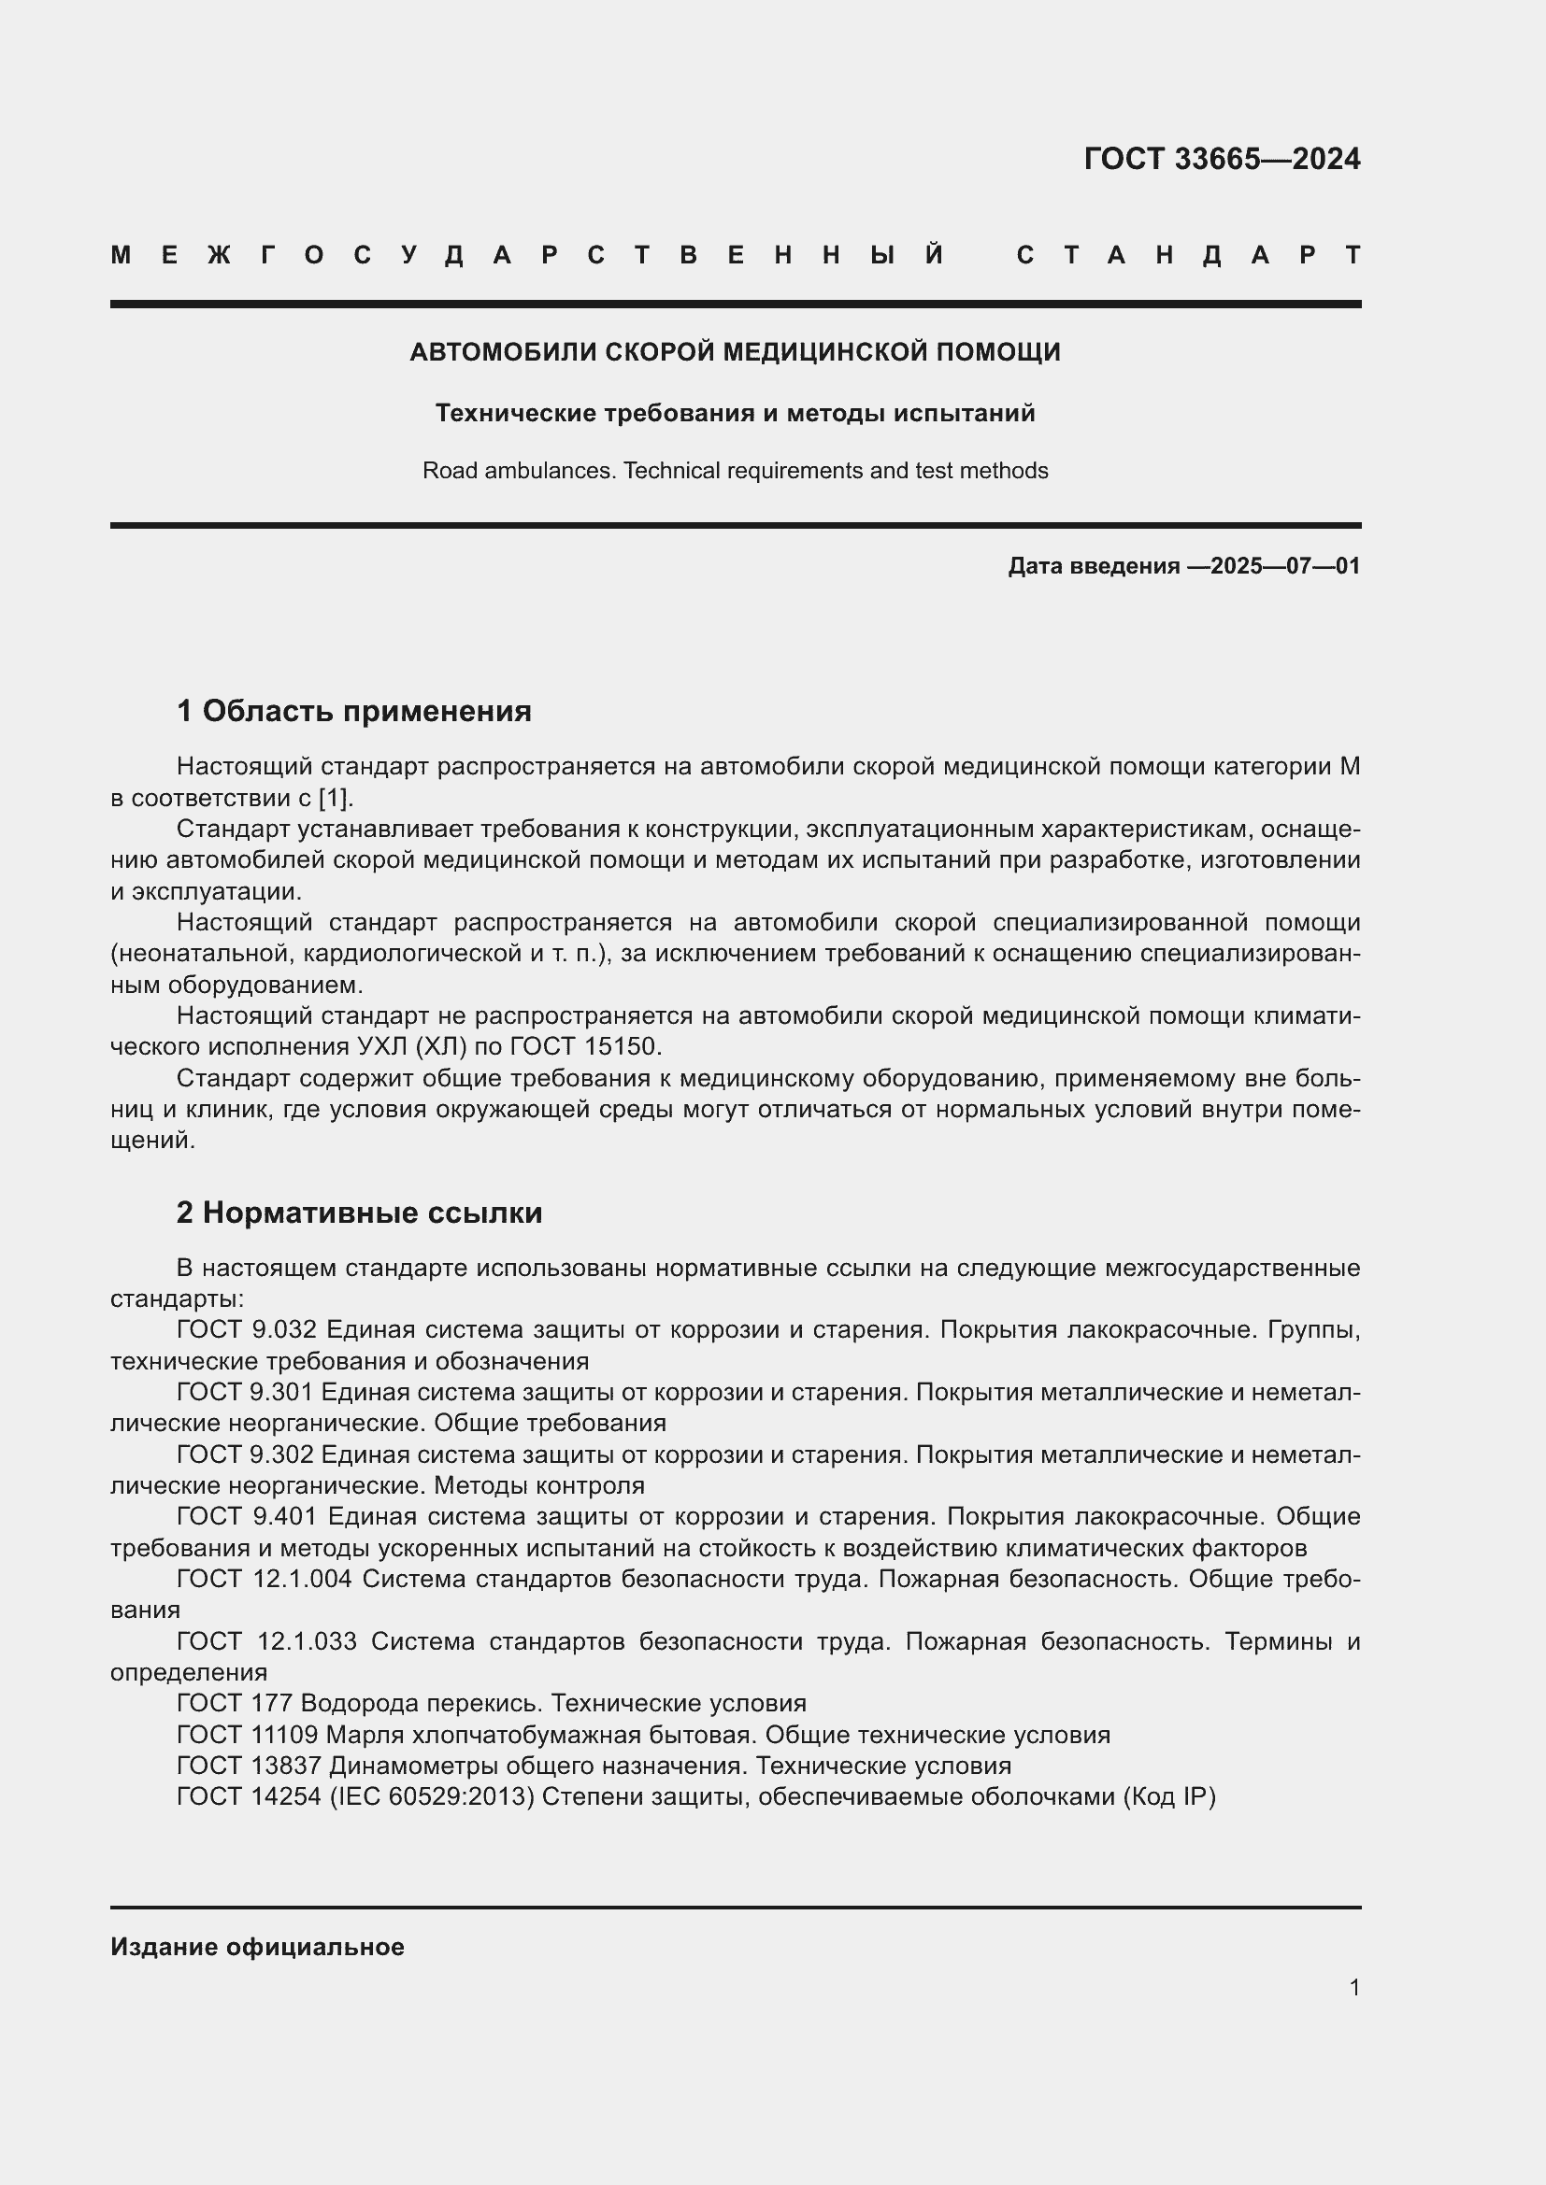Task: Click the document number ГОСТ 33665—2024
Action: (1222, 159)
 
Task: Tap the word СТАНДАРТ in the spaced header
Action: (1188, 255)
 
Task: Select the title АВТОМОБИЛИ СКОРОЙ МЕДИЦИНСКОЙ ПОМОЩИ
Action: (735, 352)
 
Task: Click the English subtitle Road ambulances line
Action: (735, 471)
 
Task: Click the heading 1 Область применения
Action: (354, 711)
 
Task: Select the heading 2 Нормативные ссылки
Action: (360, 1213)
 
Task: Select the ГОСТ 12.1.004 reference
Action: (264, 1578)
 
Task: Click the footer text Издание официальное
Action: (257, 1947)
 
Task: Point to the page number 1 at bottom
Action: (1353, 1987)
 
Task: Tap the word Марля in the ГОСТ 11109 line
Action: (359, 1734)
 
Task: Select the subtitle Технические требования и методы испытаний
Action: (735, 413)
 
